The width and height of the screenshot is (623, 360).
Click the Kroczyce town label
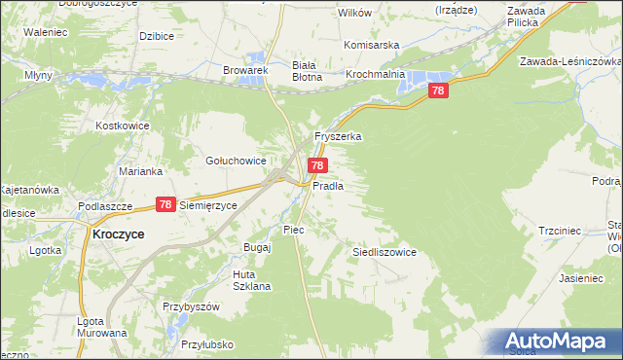pos(118,234)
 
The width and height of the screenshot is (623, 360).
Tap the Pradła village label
pos(327,185)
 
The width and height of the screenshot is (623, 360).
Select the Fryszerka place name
pos(337,137)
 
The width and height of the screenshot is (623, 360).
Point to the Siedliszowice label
pos(384,252)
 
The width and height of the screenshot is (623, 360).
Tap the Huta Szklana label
pos(250,280)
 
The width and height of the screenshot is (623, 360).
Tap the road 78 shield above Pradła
pos(317,166)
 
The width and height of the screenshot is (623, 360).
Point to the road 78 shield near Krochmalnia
pos(438,90)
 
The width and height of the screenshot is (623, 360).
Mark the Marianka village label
pos(140,170)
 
